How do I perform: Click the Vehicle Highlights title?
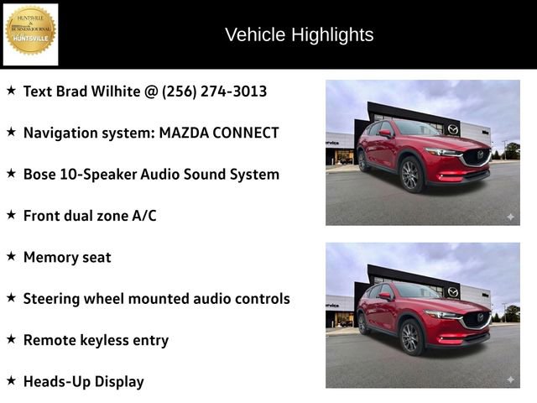(x=299, y=34)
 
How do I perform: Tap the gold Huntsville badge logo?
(x=31, y=32)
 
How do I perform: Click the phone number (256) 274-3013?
(x=214, y=91)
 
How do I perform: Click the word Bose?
(x=41, y=174)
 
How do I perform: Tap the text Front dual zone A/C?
(x=90, y=216)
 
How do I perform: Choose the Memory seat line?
(x=67, y=257)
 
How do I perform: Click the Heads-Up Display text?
(x=84, y=381)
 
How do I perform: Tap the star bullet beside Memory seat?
(x=11, y=255)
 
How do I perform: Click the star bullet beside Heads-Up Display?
(x=11, y=379)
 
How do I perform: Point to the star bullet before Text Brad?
(x=11, y=89)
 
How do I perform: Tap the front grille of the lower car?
(x=475, y=320)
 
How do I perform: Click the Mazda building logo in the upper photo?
(x=453, y=128)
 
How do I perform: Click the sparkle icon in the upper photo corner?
(x=509, y=217)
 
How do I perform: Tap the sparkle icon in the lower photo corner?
(x=509, y=379)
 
